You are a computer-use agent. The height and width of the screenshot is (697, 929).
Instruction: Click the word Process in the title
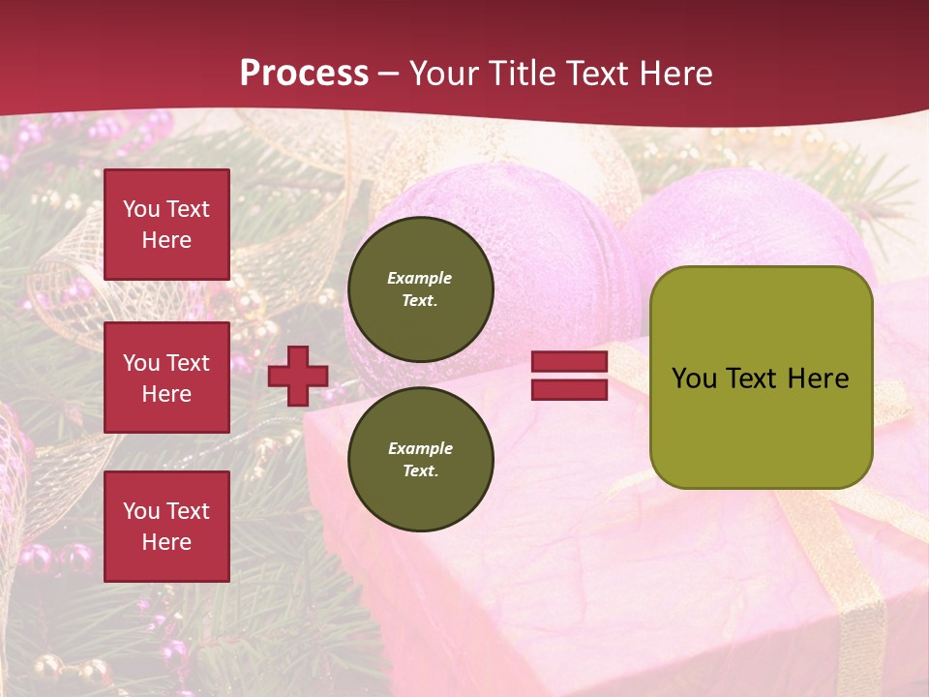pos(304,74)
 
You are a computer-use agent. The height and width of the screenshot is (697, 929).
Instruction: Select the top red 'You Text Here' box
pos(166,225)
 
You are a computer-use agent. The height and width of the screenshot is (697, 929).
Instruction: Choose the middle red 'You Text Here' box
pos(166,378)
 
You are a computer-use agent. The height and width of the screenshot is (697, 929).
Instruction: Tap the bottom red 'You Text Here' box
pos(166,526)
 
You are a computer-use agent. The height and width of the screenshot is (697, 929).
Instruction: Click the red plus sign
pos(298,376)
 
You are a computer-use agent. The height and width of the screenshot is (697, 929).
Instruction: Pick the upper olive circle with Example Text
pos(420,289)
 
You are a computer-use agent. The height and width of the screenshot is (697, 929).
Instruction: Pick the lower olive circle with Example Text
pos(420,460)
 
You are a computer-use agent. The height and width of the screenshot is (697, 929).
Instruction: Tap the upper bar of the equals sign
pos(569,362)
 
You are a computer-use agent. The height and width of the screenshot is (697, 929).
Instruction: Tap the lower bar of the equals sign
pos(569,390)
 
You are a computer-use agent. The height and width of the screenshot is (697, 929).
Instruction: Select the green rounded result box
pos(761,378)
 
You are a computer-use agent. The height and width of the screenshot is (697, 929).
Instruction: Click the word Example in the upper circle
pos(420,278)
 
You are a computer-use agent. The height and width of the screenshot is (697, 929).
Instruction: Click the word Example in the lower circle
pos(420,448)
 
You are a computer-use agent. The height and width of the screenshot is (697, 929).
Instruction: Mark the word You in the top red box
pos(141,209)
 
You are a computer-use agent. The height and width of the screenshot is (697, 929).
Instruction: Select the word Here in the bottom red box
pos(166,542)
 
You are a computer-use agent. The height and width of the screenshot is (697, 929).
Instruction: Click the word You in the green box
pos(694,379)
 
